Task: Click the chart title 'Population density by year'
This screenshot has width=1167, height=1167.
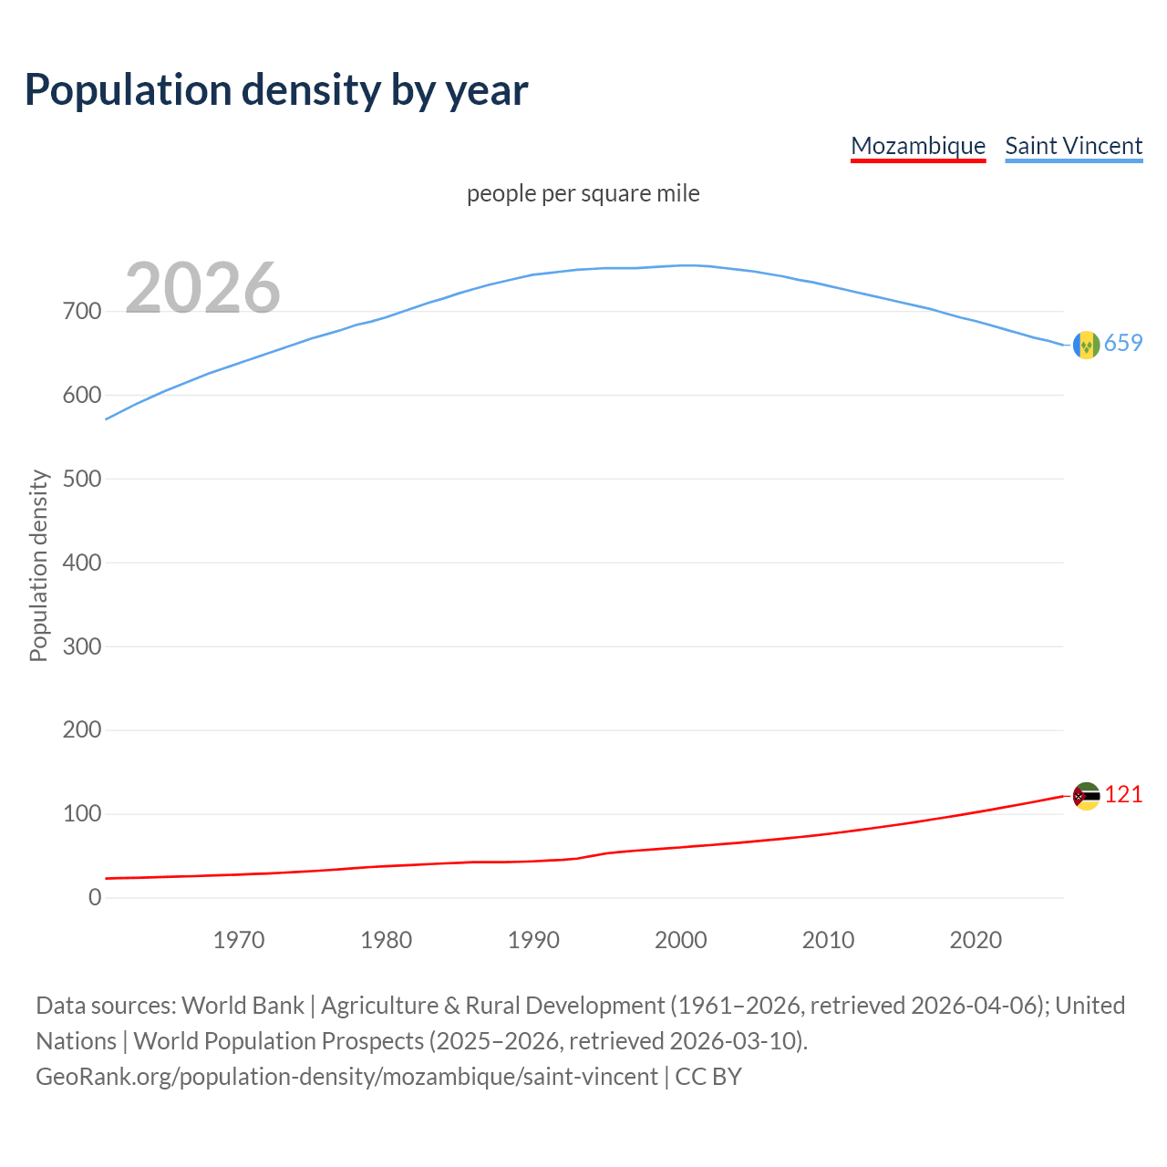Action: click(276, 89)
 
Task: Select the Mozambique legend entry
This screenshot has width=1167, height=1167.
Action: click(918, 146)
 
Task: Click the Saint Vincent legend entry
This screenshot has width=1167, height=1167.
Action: click(1073, 146)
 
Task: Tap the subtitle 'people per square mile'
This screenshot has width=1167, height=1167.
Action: click(583, 193)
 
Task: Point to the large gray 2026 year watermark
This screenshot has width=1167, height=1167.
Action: click(202, 288)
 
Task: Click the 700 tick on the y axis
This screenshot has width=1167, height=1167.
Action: click(82, 312)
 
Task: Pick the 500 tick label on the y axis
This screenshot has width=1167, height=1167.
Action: click(82, 479)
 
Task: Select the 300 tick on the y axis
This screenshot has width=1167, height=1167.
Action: click(82, 646)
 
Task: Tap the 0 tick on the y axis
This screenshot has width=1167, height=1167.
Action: click(95, 897)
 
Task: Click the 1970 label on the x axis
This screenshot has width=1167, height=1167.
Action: click(239, 940)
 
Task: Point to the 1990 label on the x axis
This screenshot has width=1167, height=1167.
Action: click(533, 940)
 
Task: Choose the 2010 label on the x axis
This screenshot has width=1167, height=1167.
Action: click(828, 940)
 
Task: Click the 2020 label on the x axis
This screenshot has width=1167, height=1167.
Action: click(976, 940)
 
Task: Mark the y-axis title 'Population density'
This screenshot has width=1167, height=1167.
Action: click(38, 565)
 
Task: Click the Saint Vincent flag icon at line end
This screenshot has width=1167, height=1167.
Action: click(1086, 345)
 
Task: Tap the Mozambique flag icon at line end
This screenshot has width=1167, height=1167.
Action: click(1086, 796)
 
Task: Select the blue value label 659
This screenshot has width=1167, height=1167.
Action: click(1123, 343)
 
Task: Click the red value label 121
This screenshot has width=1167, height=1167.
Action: click(1123, 794)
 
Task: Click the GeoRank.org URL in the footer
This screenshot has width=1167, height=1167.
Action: click(346, 1077)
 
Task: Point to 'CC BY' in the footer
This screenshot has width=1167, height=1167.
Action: click(708, 1077)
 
